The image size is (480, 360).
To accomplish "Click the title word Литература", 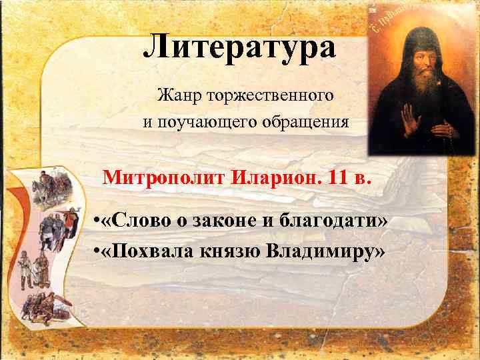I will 240,46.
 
